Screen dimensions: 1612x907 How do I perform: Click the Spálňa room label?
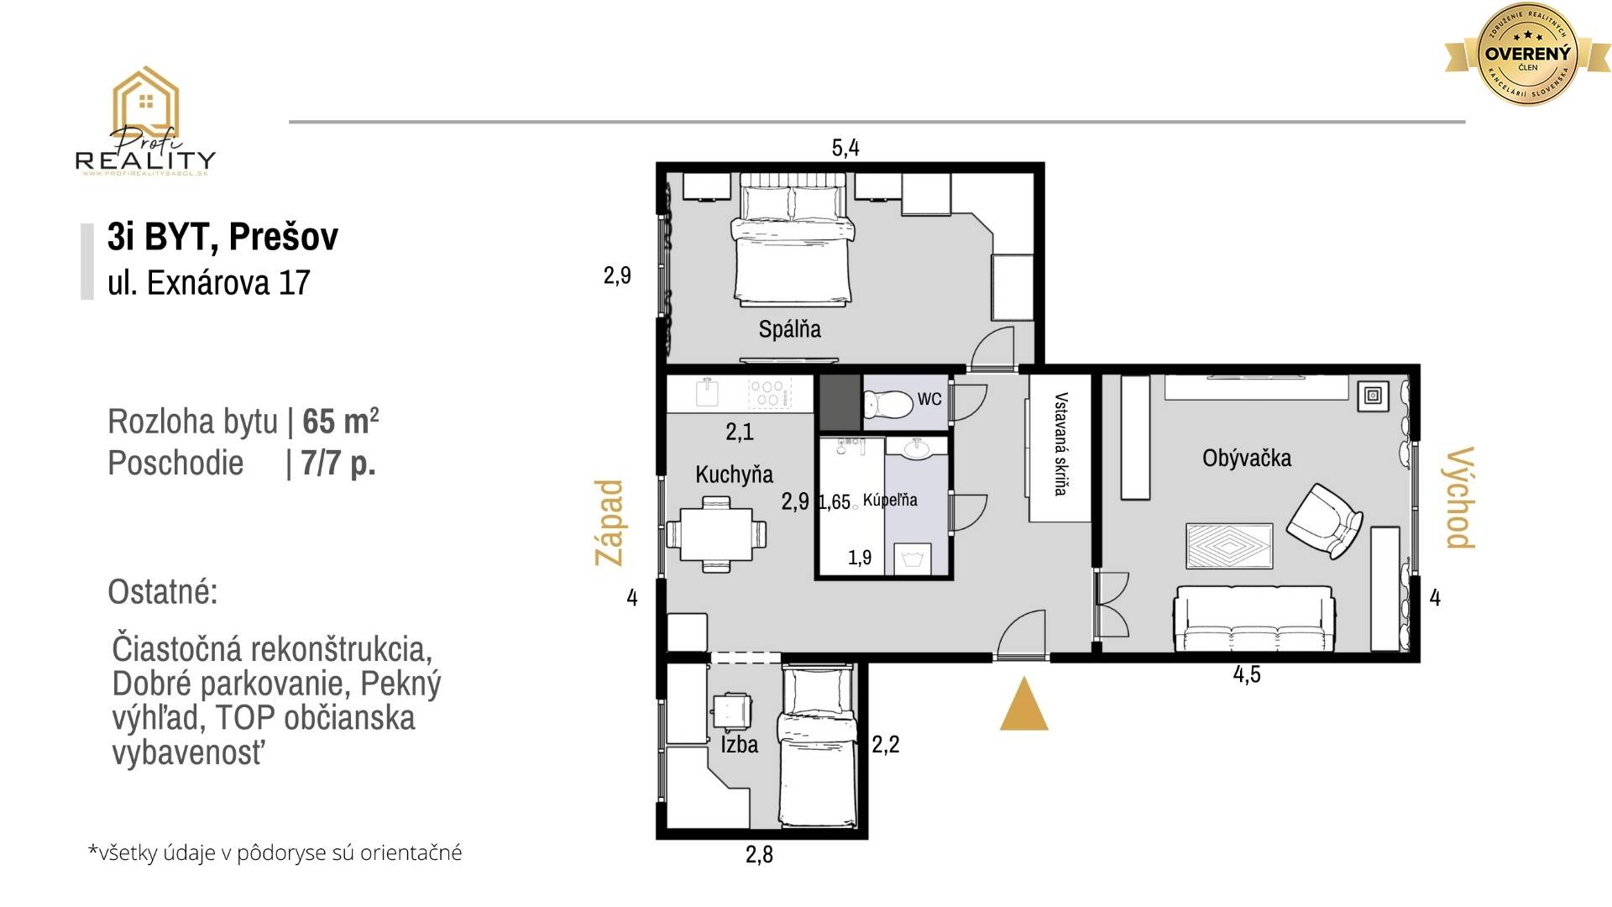point(789,329)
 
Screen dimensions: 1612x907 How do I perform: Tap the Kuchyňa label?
point(734,474)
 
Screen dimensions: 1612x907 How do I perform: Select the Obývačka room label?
point(1247,459)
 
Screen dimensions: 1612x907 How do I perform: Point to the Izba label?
point(739,744)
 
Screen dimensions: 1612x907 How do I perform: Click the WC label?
point(929,399)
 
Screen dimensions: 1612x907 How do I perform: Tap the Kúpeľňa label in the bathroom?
point(890,500)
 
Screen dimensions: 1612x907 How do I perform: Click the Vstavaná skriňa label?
point(1061,443)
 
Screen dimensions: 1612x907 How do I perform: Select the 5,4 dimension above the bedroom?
point(845,148)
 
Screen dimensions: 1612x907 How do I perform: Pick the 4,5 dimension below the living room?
point(1247,674)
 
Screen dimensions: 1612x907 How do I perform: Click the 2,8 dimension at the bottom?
point(759,855)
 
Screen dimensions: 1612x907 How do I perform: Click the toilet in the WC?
point(887,406)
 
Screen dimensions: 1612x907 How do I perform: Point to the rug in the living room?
point(1229,547)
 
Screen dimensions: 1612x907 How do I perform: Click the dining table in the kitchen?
point(716,535)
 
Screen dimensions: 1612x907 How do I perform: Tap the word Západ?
point(610,522)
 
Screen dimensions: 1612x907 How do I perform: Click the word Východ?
point(1460,497)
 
